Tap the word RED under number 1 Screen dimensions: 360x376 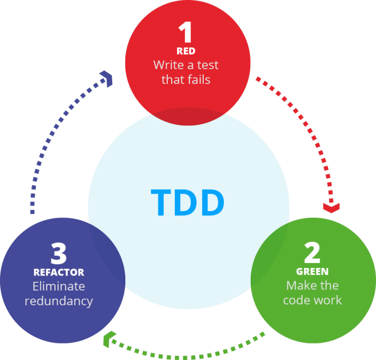(186, 51)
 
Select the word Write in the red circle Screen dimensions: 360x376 (166, 65)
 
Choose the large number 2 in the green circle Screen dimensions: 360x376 (312, 253)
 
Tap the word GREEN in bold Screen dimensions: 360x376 (312, 272)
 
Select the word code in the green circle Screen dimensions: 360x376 (296, 300)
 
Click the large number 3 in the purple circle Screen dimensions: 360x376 (58, 253)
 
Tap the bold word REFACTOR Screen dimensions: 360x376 (58, 272)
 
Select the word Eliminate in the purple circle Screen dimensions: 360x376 (58, 286)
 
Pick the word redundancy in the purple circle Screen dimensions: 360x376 (58, 301)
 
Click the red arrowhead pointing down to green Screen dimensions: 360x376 (331, 206)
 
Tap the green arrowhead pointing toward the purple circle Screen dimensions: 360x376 (107, 341)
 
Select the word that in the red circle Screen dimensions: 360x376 (172, 79)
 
